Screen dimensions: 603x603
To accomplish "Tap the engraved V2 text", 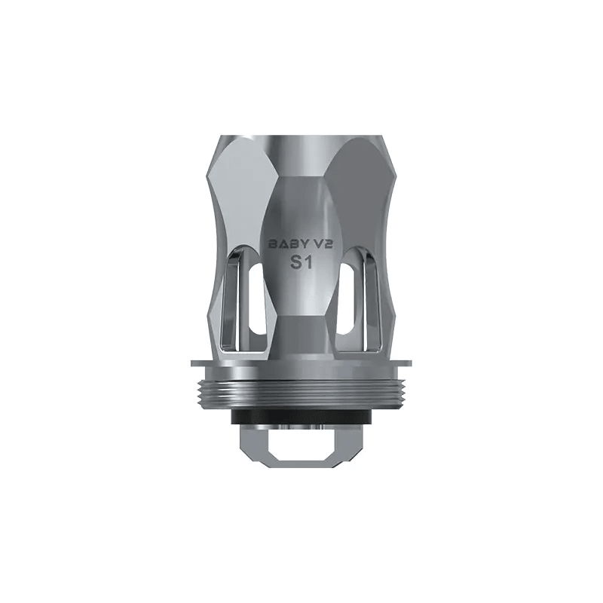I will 322,244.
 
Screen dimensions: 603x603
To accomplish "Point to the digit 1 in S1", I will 310,263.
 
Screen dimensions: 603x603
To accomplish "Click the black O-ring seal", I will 301,417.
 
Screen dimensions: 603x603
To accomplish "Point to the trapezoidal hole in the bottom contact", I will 301,445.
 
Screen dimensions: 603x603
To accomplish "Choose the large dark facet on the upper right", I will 362,188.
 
